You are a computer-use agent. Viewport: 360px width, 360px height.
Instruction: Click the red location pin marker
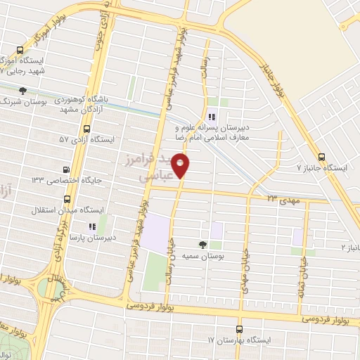(x=181, y=165)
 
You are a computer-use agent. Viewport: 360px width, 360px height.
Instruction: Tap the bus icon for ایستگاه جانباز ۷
(x=321, y=157)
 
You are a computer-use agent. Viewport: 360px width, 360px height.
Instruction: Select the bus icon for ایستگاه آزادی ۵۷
(x=86, y=129)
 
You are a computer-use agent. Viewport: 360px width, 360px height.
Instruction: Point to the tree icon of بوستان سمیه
(x=202, y=244)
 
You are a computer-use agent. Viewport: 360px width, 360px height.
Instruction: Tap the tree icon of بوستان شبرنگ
(x=22, y=91)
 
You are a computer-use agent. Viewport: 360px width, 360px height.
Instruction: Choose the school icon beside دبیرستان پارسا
(x=91, y=226)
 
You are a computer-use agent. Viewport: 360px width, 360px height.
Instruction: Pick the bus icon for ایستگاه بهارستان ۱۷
(x=239, y=329)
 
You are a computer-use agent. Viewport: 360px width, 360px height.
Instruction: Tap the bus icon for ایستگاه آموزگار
(x=19, y=51)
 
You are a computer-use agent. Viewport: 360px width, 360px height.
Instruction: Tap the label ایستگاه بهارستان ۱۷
(x=239, y=340)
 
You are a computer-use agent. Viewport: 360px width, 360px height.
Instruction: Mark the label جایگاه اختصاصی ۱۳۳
(x=67, y=181)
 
